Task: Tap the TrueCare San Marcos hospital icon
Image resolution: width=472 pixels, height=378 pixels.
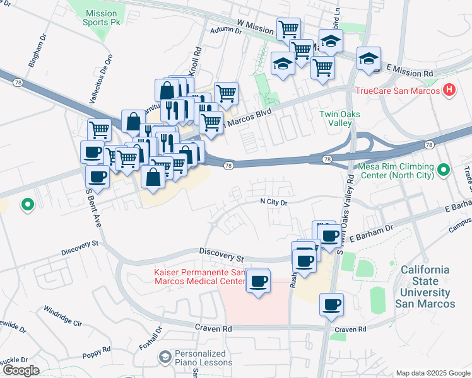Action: [449, 90]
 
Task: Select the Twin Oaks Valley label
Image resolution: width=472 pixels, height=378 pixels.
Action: [335, 118]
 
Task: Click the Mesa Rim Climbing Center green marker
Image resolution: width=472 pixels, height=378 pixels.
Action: [444, 169]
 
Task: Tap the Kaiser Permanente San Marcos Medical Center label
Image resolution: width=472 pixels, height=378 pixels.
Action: [199, 277]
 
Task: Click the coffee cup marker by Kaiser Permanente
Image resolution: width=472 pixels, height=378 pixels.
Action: [257, 281]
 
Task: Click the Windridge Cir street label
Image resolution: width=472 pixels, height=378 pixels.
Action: [63, 316]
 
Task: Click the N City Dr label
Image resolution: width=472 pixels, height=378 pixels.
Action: [273, 202]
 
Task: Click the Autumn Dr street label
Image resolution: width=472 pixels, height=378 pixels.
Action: [226, 30]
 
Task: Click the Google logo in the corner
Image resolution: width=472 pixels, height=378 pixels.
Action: [20, 370]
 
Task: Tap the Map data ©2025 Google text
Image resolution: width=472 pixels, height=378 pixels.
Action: [432, 373]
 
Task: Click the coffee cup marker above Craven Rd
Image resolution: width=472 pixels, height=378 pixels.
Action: [332, 306]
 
